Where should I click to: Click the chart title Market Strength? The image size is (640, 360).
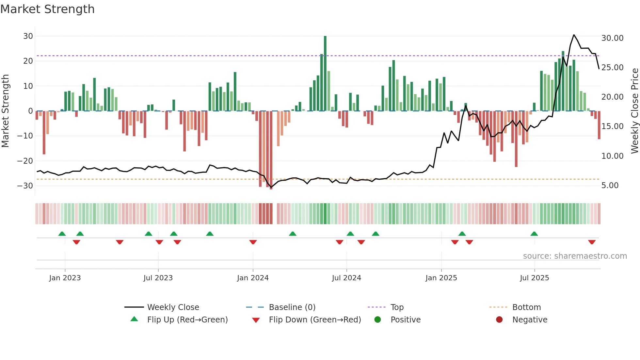(x=47, y=9)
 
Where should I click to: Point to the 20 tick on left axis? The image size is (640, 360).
(x=28, y=61)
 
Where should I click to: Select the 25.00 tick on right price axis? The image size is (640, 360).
(x=612, y=68)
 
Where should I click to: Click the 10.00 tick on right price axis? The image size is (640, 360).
(x=612, y=156)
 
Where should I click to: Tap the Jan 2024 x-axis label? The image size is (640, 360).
(x=253, y=278)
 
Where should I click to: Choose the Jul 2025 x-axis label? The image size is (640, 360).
(x=534, y=278)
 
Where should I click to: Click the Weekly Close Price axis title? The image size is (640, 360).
(x=634, y=111)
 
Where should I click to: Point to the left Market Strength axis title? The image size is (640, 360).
(x=6, y=111)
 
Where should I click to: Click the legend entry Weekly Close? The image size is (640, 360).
(x=173, y=307)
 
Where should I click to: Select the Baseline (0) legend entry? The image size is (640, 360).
(x=292, y=307)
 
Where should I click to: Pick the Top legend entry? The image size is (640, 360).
(x=397, y=307)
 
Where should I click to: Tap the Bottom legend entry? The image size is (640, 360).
(x=526, y=307)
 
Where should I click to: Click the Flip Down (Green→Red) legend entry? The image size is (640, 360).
(x=315, y=320)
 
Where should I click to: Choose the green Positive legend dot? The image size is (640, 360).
(x=377, y=320)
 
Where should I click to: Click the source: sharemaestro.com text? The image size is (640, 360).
(x=575, y=256)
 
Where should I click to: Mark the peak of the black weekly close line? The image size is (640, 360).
(x=574, y=35)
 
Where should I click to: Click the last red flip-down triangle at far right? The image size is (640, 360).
(x=592, y=242)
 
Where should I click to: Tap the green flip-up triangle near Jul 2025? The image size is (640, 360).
(x=534, y=234)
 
